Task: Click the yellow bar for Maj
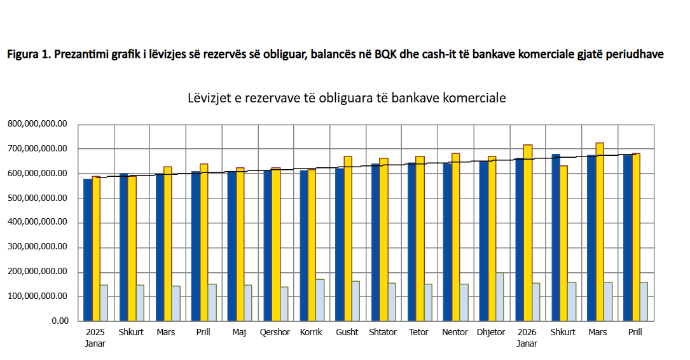click(240, 244)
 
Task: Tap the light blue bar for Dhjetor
click(499, 296)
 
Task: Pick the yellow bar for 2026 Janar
click(528, 233)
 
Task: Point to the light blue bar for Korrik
click(320, 300)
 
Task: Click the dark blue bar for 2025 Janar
click(88, 250)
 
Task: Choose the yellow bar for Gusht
click(348, 239)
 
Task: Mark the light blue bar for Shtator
click(392, 302)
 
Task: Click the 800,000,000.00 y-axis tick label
click(38, 124)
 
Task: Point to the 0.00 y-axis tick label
click(60, 321)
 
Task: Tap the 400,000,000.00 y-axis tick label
click(38, 222)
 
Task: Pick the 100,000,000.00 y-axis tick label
click(38, 296)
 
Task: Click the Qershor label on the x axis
click(275, 332)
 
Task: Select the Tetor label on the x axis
click(418, 332)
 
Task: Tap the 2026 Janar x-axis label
click(527, 338)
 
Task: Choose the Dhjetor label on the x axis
click(491, 332)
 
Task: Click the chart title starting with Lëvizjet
click(347, 98)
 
